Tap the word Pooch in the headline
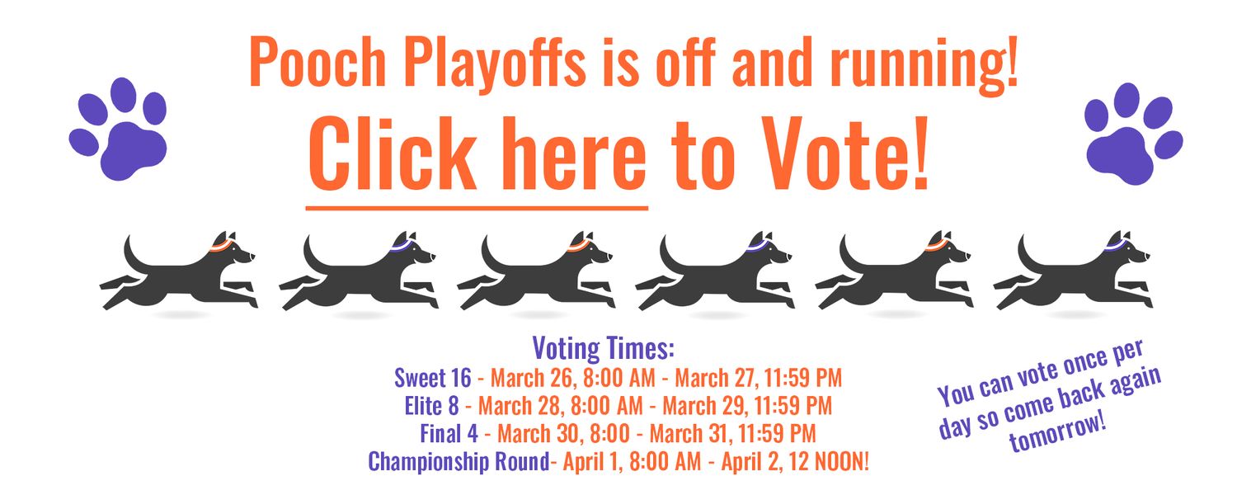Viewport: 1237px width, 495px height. pyautogui.click(x=317, y=62)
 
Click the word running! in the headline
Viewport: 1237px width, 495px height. pyautogui.click(x=924, y=65)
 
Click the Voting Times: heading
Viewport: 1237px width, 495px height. pyautogui.click(x=604, y=349)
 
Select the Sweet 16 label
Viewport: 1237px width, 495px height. pyautogui.click(x=433, y=378)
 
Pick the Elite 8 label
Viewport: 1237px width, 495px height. pyautogui.click(x=431, y=406)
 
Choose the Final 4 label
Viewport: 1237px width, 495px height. pyautogui.click(x=449, y=433)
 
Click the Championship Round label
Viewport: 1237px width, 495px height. pyautogui.click(x=459, y=461)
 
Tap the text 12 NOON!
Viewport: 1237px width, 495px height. pyautogui.click(x=830, y=461)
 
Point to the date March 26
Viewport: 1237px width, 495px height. pyautogui.click(x=534, y=379)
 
